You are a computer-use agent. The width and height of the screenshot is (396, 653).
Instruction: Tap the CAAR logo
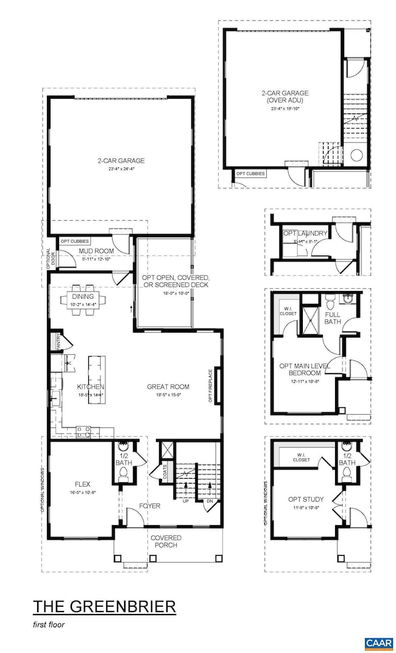tap(378, 643)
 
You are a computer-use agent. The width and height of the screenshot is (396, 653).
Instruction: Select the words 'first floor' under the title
tap(49, 625)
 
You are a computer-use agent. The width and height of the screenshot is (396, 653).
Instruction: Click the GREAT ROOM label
tap(168, 387)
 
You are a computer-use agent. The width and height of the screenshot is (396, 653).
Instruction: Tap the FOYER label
tap(149, 505)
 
